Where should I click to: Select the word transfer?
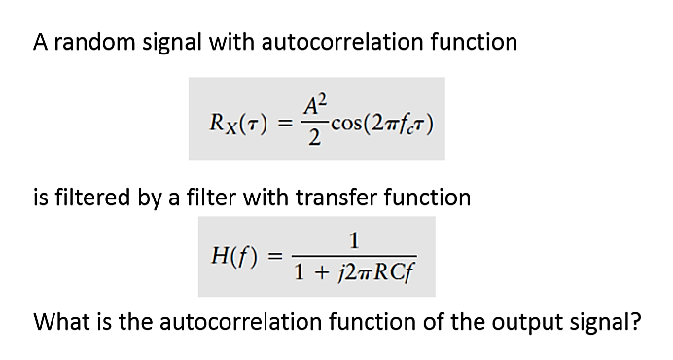[x=315, y=198]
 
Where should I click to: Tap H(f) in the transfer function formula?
[x=232, y=257]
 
